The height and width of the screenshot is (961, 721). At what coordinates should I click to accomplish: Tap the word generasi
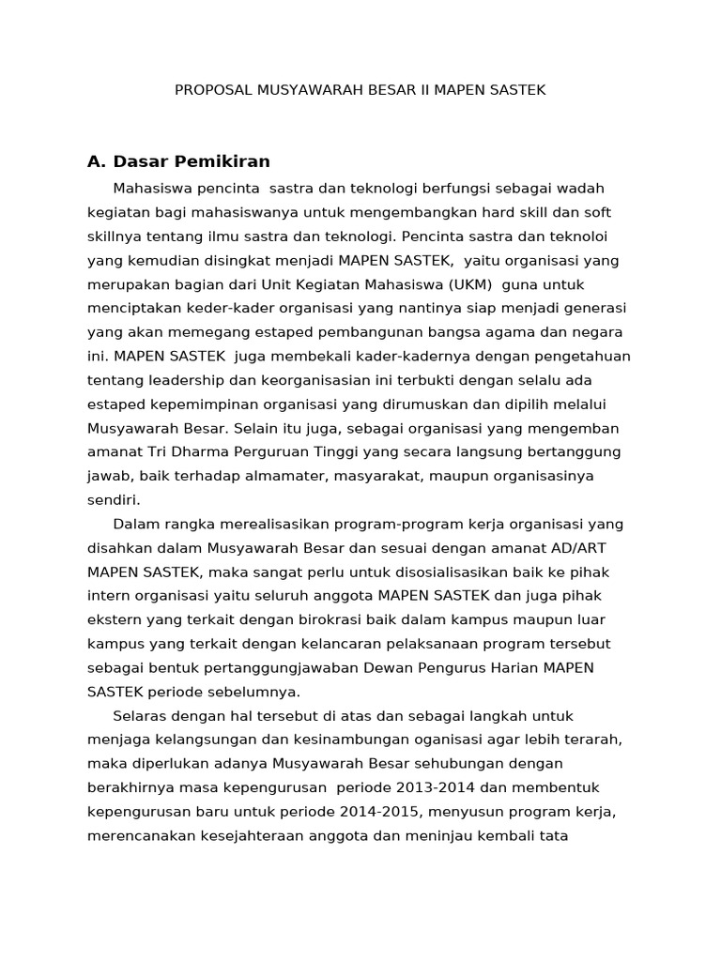pos(596,307)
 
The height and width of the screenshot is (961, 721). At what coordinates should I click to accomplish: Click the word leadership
pos(180,379)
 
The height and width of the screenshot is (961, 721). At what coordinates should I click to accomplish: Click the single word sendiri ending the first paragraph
pos(113,499)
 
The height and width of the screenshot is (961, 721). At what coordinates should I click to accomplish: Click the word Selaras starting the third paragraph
pos(139,715)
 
